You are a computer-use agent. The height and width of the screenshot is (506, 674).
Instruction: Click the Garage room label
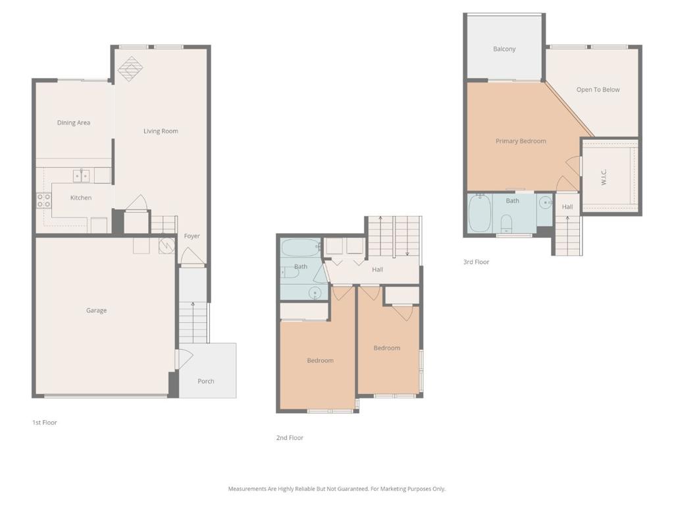[96, 310]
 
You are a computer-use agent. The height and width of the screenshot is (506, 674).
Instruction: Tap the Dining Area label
[74, 123]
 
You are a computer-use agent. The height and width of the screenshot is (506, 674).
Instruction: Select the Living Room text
[161, 131]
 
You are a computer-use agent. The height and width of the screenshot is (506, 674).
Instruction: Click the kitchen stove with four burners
[43, 200]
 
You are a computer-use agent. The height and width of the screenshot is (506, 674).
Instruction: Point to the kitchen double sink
[81, 175]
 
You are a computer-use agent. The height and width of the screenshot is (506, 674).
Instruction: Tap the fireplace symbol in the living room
[131, 69]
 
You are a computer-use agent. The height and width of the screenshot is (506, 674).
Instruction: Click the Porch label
[206, 381]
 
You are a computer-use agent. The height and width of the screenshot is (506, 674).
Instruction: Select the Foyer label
[192, 236]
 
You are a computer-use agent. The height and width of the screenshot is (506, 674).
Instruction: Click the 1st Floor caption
[45, 422]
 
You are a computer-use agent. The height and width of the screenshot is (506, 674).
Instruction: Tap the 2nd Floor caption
[290, 437]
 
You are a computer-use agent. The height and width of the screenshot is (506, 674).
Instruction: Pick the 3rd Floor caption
[477, 262]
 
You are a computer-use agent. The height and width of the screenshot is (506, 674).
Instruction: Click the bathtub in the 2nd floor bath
[300, 247]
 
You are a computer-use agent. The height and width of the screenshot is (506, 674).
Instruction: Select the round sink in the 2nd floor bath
[315, 293]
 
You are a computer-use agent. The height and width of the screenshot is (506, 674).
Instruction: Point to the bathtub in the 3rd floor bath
[479, 213]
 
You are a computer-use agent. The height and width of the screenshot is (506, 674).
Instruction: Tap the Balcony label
[504, 49]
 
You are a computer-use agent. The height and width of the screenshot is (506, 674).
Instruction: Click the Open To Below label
[598, 90]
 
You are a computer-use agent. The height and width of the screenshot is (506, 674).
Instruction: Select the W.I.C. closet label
[604, 177]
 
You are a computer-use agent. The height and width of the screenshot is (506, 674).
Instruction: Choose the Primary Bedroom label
[521, 141]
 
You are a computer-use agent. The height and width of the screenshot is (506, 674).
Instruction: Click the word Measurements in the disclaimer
[247, 489]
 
